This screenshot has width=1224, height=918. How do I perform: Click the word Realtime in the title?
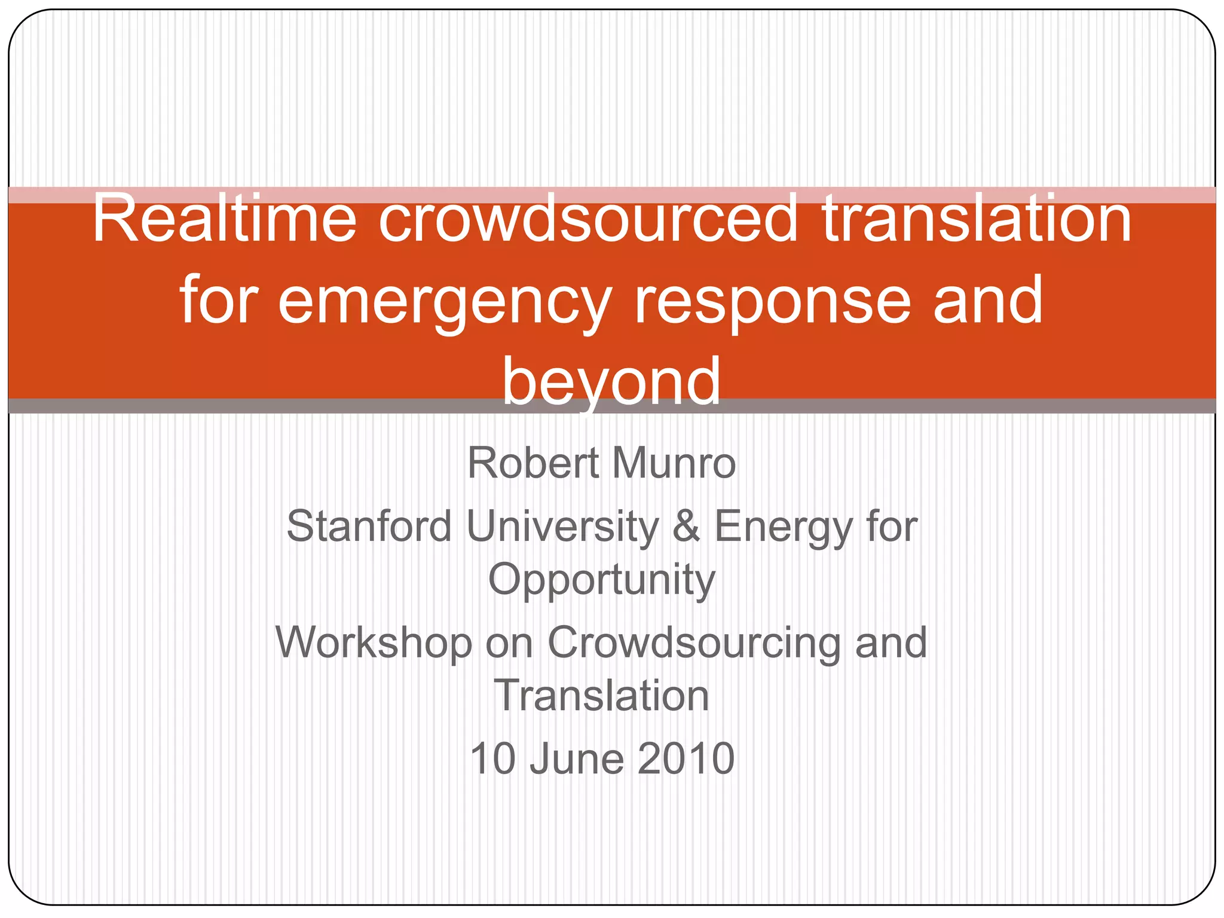point(224,219)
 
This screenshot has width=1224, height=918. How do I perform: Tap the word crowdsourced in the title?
point(588,219)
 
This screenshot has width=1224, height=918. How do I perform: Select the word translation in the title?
point(977,219)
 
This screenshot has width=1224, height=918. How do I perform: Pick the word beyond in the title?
point(611,381)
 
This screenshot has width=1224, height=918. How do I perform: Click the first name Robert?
point(533,463)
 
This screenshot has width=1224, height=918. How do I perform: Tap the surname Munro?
point(674,463)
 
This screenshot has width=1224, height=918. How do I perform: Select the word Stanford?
point(369,527)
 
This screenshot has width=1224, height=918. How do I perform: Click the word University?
point(562,527)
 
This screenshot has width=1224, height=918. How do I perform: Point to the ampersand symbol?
point(686,527)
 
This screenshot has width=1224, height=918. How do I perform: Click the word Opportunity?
point(602,580)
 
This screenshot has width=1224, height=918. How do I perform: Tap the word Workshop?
point(374,643)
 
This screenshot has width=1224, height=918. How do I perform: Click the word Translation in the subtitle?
point(602,696)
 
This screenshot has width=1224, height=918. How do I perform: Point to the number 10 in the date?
point(492,758)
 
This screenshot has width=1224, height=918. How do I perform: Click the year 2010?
point(686,758)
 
